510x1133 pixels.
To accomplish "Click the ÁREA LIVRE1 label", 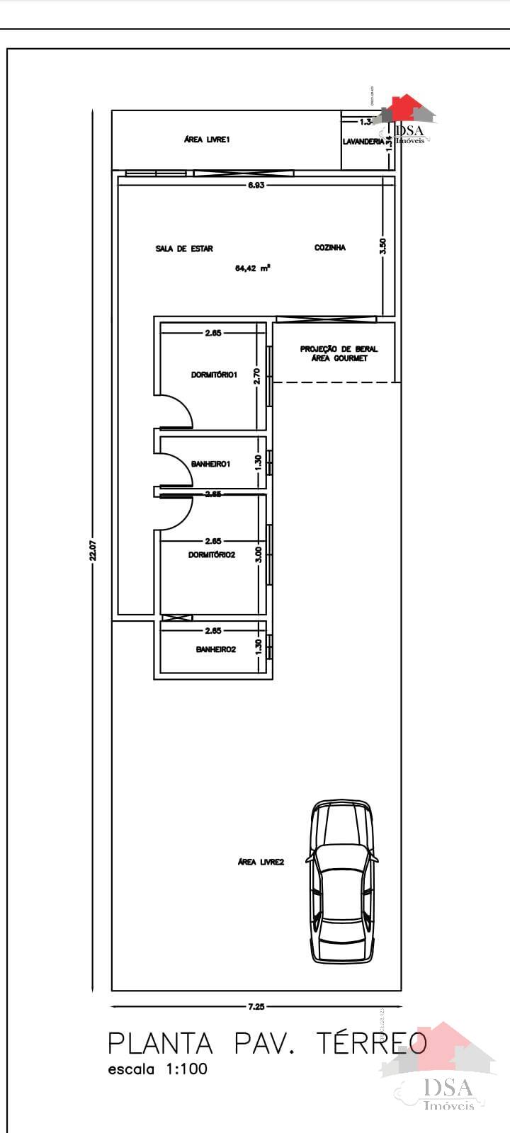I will tap(207, 140).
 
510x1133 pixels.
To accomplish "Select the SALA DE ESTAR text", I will tap(184, 249).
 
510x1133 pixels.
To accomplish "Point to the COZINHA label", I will tap(330, 248).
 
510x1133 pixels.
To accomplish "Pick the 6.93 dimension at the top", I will tap(256, 185).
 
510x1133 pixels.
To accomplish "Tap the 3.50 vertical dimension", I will tap(383, 246).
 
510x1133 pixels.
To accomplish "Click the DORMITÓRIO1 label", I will tap(214, 375).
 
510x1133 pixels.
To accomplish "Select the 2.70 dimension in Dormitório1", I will tap(258, 375).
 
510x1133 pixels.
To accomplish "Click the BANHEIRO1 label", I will tap(211, 465).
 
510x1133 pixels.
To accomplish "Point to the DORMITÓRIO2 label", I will tap(211, 555).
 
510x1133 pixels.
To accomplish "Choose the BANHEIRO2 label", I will tap(215, 649).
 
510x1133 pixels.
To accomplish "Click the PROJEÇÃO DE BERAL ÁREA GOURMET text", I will tap(339, 353).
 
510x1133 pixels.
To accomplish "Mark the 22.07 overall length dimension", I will tap(92, 551).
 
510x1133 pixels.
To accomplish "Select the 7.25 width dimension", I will tap(256, 1006).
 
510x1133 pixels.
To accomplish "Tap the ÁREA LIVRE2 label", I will tap(261, 862).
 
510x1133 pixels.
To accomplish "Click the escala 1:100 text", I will tap(157, 1069).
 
